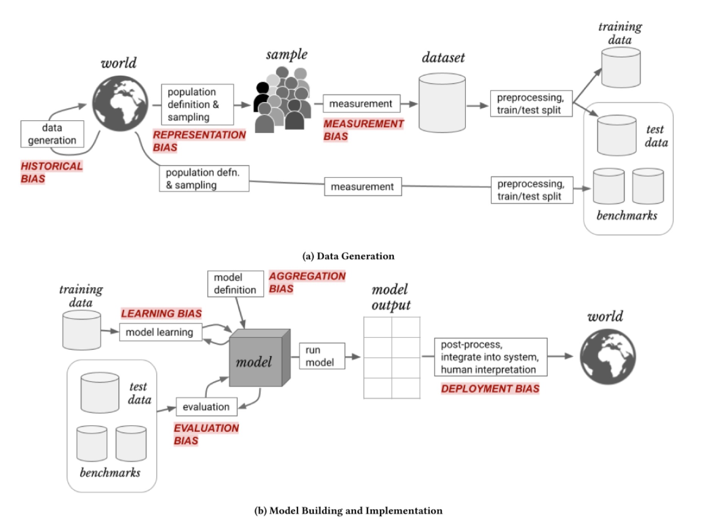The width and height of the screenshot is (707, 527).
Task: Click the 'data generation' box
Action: click(52, 134)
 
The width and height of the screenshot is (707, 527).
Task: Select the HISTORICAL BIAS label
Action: click(52, 172)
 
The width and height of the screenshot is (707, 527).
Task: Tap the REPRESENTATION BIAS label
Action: click(199, 141)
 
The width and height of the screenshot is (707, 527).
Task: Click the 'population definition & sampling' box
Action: click(197, 104)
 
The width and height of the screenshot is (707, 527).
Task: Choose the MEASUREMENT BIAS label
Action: click(363, 130)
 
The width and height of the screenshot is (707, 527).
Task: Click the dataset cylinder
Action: click(442, 103)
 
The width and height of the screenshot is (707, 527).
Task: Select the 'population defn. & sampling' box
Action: click(204, 179)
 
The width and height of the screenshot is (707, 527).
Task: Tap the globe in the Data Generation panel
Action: click(120, 103)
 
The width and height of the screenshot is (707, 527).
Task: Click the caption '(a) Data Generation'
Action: click(348, 256)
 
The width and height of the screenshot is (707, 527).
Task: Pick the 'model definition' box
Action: click(235, 284)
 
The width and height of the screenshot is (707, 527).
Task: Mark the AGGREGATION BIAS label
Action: click(307, 282)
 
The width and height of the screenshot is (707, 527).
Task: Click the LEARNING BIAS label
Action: click(161, 313)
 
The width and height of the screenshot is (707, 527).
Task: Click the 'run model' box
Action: click(322, 356)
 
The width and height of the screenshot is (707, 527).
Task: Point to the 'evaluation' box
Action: click(206, 407)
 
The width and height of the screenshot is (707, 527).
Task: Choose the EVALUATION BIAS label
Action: click(206, 434)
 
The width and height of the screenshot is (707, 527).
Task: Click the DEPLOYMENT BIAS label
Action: click(490, 389)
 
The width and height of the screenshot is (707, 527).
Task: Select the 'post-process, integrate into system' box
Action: click(490, 357)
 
